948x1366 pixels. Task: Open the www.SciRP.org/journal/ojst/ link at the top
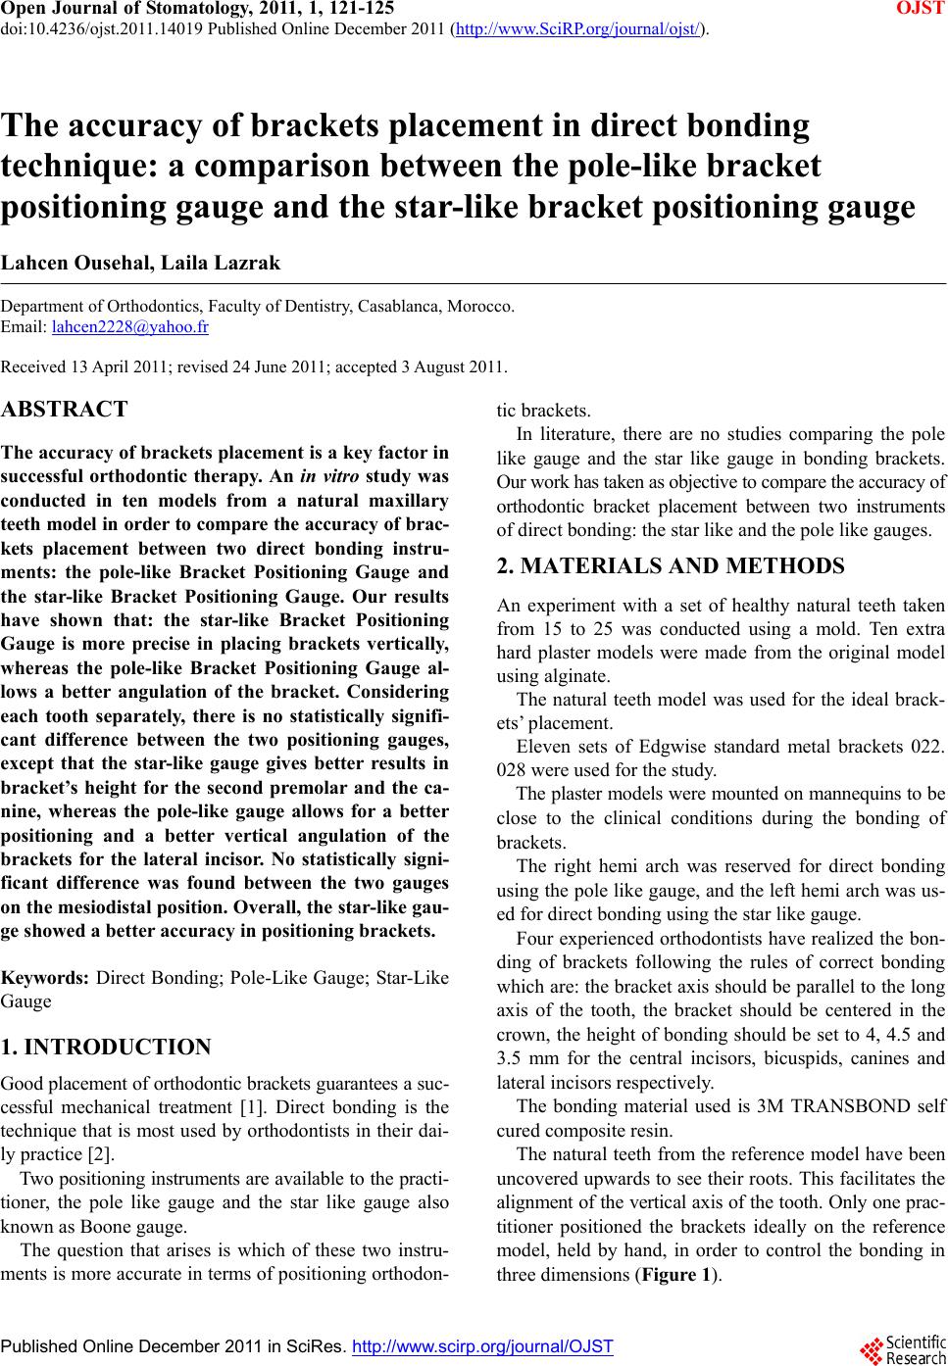tap(578, 27)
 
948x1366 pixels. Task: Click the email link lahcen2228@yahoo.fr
tap(129, 326)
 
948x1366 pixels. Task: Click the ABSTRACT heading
tap(65, 410)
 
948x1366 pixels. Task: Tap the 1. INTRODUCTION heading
tap(106, 1048)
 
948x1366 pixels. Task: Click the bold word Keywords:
tap(45, 977)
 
